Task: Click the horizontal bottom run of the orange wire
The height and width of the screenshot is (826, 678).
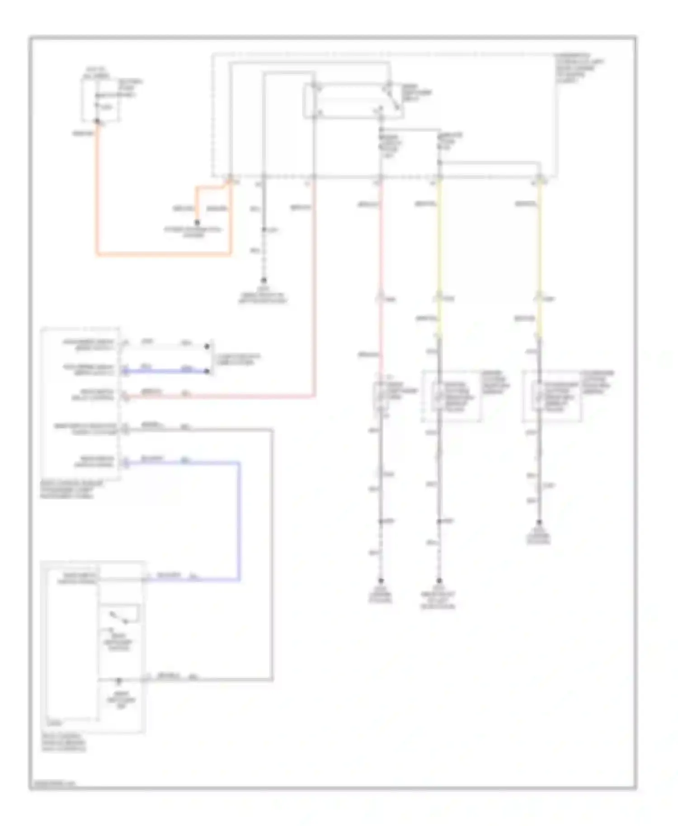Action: pyautogui.click(x=163, y=254)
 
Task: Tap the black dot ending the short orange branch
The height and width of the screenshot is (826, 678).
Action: pyautogui.click(x=197, y=223)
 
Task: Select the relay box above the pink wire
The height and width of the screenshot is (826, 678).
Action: pyautogui.click(x=353, y=101)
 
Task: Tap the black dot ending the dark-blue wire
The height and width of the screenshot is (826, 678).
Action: pyautogui.click(x=207, y=371)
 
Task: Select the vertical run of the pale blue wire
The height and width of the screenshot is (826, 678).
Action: pyautogui.click(x=239, y=520)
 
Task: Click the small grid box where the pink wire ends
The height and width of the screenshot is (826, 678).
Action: pyautogui.click(x=381, y=396)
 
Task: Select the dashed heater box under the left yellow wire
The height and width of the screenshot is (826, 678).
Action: pyautogui.click(x=451, y=396)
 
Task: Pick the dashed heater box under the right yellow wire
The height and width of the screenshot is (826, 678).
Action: pyautogui.click(x=551, y=396)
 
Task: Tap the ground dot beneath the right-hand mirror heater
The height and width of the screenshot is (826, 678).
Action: pyautogui.click(x=539, y=522)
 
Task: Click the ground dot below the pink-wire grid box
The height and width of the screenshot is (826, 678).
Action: pyautogui.click(x=381, y=580)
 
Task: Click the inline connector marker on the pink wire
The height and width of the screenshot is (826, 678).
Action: pyautogui.click(x=381, y=298)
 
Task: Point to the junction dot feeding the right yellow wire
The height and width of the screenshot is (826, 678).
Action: pyautogui.click(x=439, y=162)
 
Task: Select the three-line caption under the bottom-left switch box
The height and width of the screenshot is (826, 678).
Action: pyautogui.click(x=63, y=742)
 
